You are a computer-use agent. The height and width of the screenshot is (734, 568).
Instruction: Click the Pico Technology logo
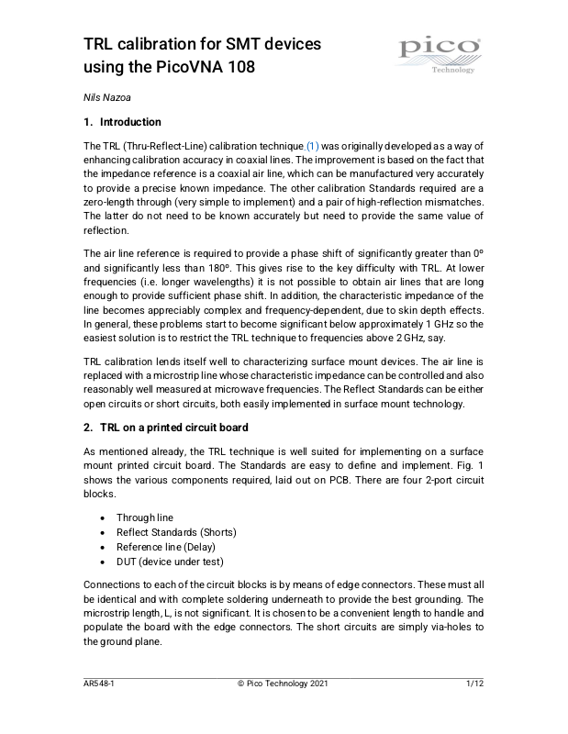pyautogui.click(x=439, y=54)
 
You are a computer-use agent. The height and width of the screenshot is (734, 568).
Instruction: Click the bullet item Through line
pyautogui.click(x=144, y=517)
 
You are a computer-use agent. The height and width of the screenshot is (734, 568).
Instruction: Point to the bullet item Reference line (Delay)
pyautogui.click(x=168, y=547)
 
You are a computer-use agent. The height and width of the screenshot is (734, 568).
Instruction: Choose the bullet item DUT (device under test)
pyautogui.click(x=170, y=562)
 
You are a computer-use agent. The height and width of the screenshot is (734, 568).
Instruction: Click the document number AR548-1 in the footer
pyautogui.click(x=98, y=684)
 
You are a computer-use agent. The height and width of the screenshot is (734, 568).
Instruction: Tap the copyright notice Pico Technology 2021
pyautogui.click(x=282, y=684)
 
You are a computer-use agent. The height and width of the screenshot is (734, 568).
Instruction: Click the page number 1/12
pyautogui.click(x=474, y=684)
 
